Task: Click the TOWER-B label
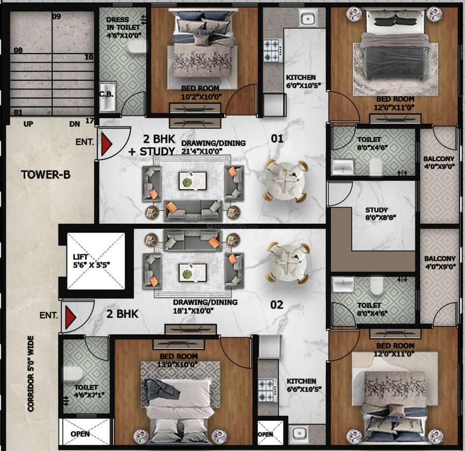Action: point(46,174)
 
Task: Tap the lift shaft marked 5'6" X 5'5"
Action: point(96,261)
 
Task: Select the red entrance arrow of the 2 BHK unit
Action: point(71,316)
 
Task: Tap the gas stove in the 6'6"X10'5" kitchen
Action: point(266,387)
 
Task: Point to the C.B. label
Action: point(107,94)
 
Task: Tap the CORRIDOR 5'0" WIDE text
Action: point(31,374)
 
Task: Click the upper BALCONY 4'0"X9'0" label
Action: point(439,163)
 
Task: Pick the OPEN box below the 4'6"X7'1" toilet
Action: point(80,433)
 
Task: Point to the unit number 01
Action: point(277,138)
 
